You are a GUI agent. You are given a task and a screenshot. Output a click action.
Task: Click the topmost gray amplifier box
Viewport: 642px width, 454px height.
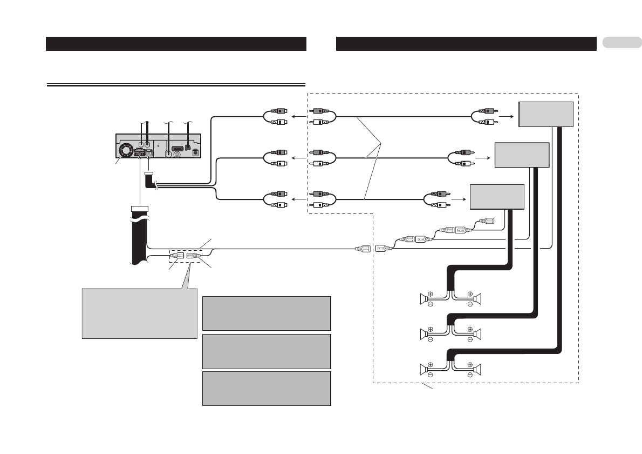[545, 113]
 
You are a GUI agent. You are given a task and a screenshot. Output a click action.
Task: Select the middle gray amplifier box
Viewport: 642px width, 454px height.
[522, 155]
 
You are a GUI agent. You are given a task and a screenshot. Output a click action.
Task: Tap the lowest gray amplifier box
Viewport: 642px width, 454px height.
[497, 197]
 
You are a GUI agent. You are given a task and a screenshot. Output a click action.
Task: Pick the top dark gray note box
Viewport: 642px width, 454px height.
[267, 313]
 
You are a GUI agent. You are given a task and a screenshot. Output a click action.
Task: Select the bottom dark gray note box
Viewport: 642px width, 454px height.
[267, 388]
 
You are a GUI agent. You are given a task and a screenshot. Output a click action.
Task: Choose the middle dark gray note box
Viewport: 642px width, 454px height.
[267, 351]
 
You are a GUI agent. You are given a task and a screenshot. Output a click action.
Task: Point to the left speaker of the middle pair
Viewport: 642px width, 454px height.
[425, 334]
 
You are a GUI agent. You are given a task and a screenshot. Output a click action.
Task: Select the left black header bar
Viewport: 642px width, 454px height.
[176, 44]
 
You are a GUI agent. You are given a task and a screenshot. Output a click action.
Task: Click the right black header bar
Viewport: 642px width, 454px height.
[466, 44]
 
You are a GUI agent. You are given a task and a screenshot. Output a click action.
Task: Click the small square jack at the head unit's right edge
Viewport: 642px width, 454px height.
[196, 153]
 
